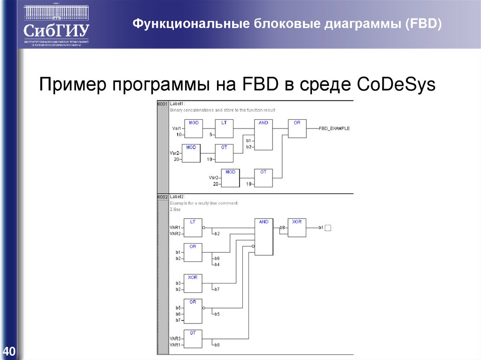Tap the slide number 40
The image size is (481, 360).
(x=9, y=351)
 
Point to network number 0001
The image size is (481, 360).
(x=162, y=103)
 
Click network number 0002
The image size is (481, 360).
(x=162, y=197)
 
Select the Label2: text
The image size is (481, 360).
(x=178, y=197)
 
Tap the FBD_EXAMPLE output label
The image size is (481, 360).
(x=334, y=128)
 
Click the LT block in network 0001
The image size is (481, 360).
(x=224, y=128)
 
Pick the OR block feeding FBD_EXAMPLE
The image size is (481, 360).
(x=297, y=128)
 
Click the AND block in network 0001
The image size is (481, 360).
(x=263, y=134)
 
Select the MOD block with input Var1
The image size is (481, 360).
(x=193, y=128)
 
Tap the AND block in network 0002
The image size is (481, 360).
(x=264, y=237)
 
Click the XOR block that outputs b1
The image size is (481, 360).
(x=296, y=228)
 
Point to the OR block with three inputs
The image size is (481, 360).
(x=193, y=311)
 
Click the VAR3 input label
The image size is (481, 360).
(x=175, y=338)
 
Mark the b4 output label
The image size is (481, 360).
(x=217, y=265)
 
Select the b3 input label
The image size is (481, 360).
(x=178, y=283)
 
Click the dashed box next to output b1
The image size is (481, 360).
(x=328, y=228)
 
